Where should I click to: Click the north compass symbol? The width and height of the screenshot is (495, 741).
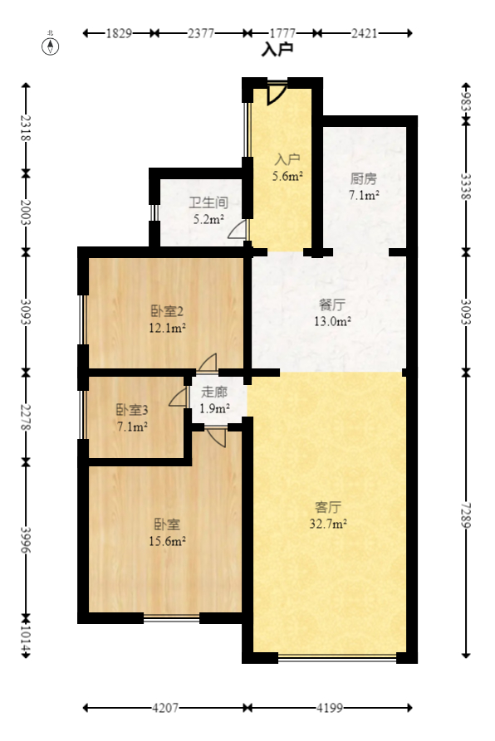tap(51, 46)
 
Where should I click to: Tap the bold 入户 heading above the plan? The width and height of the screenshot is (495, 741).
tap(277, 50)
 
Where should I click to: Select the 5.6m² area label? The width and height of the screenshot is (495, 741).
tap(287, 176)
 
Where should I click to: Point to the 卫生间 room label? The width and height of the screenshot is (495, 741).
tap(208, 202)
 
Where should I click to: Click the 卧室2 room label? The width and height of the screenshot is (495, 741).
tap(167, 311)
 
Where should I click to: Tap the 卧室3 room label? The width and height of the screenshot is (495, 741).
tap(132, 409)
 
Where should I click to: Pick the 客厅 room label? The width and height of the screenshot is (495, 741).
tap(329, 506)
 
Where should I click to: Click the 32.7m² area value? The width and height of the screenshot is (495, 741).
tap(330, 524)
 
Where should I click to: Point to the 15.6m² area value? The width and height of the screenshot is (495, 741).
tap(168, 541)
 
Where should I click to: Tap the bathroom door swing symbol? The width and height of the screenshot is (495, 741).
tap(238, 230)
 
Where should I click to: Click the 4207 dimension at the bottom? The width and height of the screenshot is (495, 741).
tap(164, 709)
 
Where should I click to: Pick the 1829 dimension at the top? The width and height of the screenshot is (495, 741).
tap(119, 33)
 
